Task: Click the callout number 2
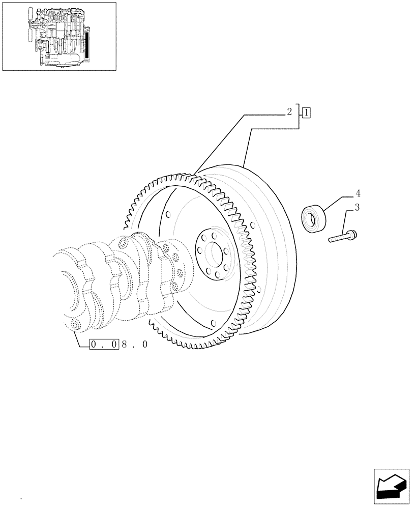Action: (x=289, y=112)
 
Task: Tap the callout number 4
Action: (x=358, y=193)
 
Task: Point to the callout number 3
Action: (x=358, y=208)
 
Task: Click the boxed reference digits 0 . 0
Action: (x=105, y=345)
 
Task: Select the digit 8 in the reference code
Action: (x=125, y=345)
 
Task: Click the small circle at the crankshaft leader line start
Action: (x=76, y=325)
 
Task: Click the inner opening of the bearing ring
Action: (x=309, y=219)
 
